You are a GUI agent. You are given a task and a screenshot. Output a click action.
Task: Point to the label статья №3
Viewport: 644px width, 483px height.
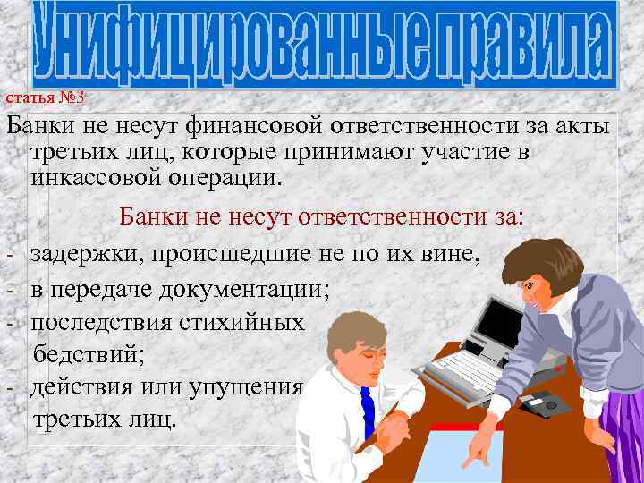pyautogui.click(x=45, y=97)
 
